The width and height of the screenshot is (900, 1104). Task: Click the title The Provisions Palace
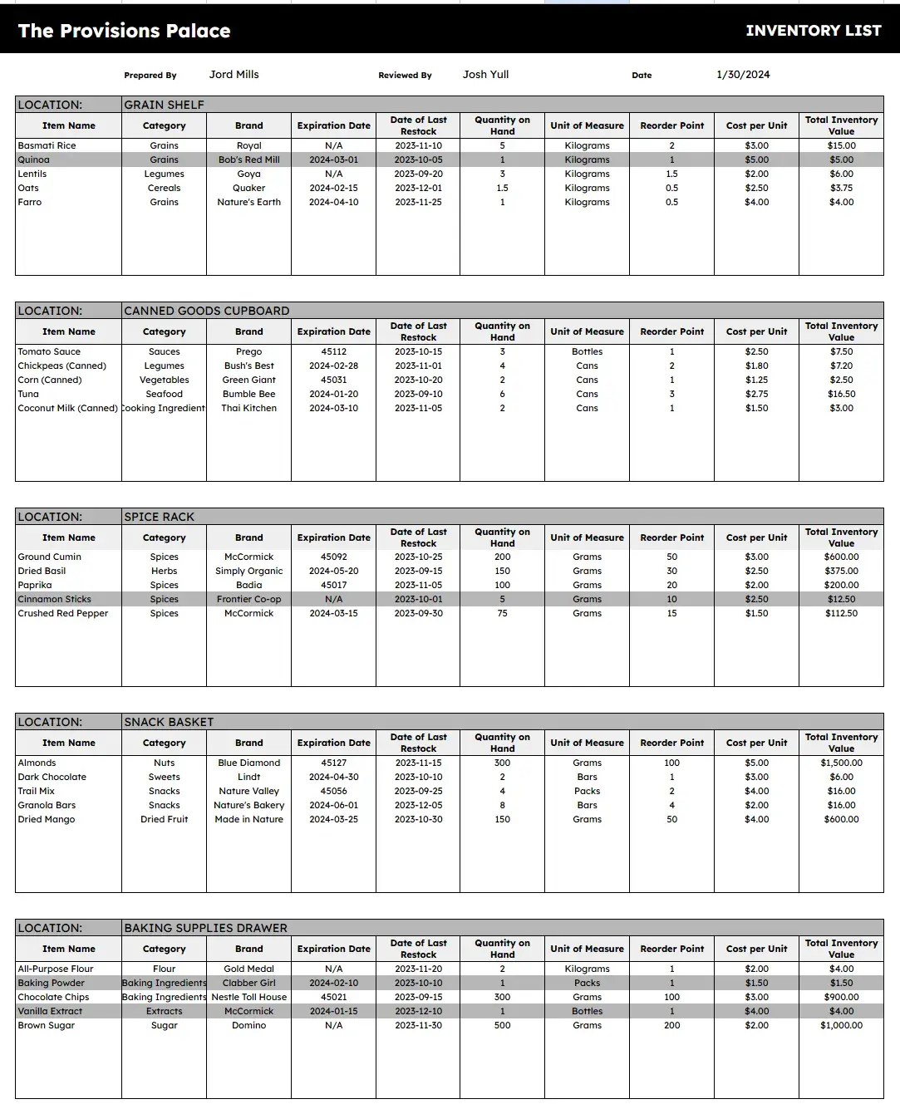click(x=124, y=31)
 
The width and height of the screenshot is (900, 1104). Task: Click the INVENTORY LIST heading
click(x=813, y=31)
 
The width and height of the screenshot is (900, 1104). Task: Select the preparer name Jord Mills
click(x=234, y=75)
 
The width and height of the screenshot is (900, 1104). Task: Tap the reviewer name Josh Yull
click(x=485, y=75)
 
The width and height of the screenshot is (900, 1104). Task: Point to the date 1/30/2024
click(x=743, y=75)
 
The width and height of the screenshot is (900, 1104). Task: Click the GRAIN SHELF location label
click(x=164, y=105)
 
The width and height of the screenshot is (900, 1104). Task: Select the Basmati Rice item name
click(x=47, y=145)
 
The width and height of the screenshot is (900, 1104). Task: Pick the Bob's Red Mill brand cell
click(x=248, y=159)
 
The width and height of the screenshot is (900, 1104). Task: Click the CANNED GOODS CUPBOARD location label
click(x=206, y=311)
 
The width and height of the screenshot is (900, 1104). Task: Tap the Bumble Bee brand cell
click(x=248, y=394)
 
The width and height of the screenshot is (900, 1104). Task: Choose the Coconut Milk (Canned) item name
click(x=67, y=408)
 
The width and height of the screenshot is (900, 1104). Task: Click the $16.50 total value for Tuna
click(x=841, y=394)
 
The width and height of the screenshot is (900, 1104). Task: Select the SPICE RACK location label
click(x=159, y=517)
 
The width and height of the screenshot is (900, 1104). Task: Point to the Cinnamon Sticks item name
click(x=55, y=599)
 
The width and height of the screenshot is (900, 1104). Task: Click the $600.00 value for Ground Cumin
click(x=841, y=557)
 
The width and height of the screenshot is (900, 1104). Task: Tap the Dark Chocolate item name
click(x=52, y=777)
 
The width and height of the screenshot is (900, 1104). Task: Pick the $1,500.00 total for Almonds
click(x=841, y=763)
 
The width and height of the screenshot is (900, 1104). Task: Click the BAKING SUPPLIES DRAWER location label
click(x=205, y=928)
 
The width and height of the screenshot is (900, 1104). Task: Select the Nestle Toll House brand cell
click(x=248, y=997)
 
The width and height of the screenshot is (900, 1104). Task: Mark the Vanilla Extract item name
click(x=50, y=1011)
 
